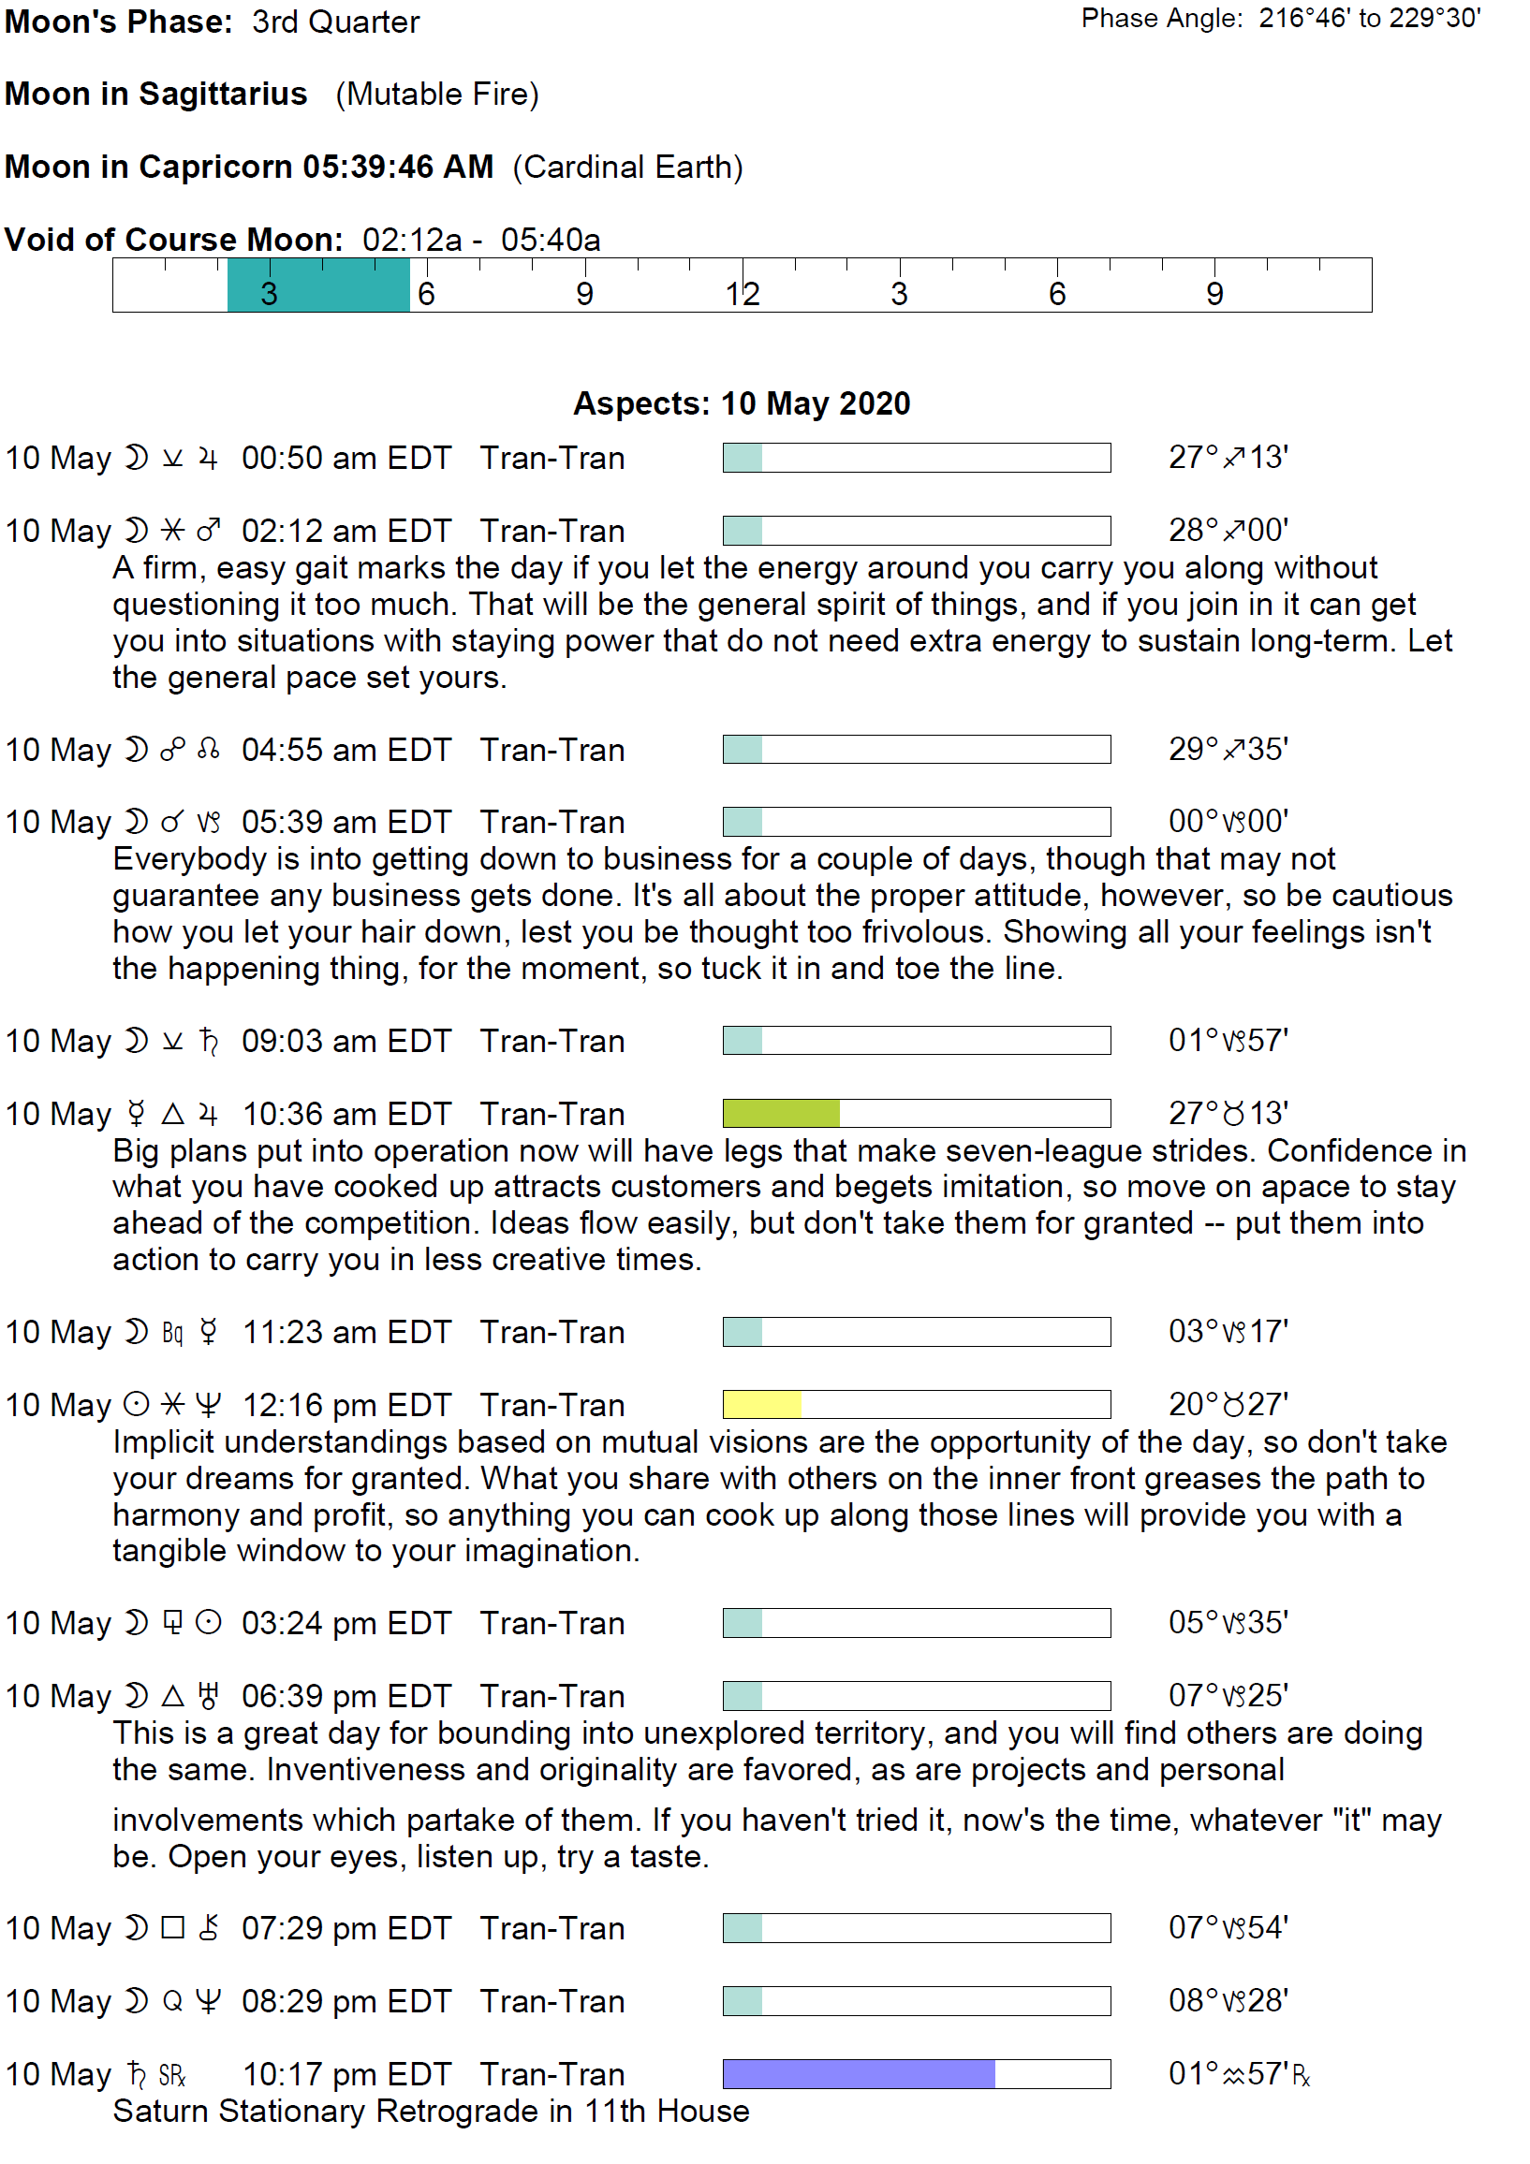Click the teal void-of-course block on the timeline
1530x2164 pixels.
(317, 285)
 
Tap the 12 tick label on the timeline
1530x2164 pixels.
(742, 294)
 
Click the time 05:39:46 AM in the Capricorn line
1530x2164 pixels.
(398, 167)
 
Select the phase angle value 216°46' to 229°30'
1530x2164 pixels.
(1369, 19)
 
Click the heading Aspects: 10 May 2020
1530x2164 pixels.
(742, 403)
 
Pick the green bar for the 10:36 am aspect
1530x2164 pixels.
(781, 1113)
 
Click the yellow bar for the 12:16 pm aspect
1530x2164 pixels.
(761, 1404)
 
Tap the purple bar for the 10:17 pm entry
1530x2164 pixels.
(858, 2073)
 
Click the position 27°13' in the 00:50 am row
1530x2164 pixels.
(1228, 457)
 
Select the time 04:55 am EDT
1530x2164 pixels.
(346, 750)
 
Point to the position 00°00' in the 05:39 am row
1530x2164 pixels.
(1228, 821)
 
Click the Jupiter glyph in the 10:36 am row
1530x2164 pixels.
(208, 1114)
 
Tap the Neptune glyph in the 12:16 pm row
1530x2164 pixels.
(208, 1405)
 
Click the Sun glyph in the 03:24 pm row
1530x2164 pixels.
(208, 1623)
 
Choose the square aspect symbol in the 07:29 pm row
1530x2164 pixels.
(172, 1927)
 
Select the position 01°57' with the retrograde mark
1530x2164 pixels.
(1239, 2073)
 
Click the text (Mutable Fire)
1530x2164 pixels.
(437, 95)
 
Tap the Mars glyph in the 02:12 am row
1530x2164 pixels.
(208, 531)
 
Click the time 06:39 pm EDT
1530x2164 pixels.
(346, 1696)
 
